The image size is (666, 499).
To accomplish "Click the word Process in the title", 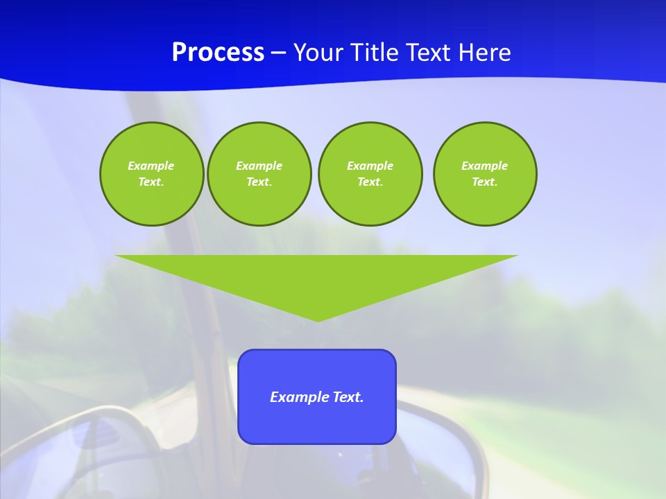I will pos(218,53).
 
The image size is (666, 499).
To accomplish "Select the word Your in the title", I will pos(319,53).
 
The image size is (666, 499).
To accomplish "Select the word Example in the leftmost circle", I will pos(151,166).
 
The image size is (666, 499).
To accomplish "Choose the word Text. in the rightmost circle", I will pos(485,182).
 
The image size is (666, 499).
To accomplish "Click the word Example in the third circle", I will pos(370,166).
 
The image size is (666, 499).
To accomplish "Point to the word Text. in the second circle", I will pos(259,182).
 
